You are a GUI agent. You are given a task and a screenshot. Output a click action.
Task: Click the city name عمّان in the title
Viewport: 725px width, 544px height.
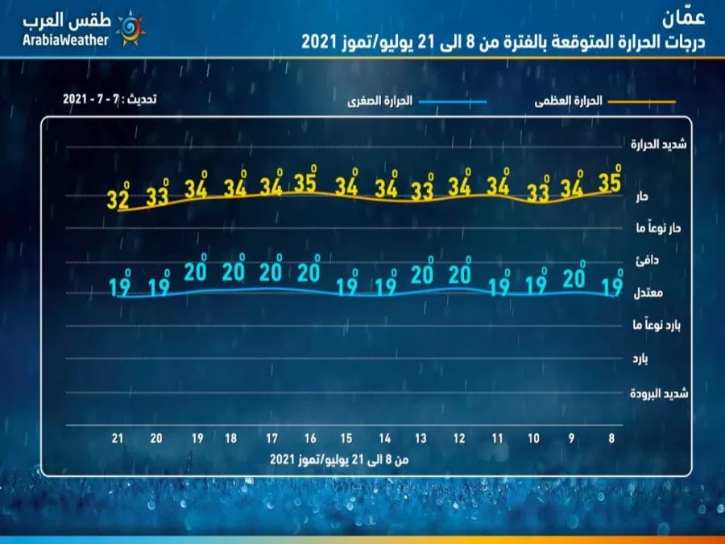(x=684, y=16)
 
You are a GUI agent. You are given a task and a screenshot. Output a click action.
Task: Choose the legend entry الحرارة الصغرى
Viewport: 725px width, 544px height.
(x=380, y=102)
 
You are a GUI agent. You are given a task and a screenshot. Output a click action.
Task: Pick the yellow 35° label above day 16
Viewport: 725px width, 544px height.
(x=305, y=182)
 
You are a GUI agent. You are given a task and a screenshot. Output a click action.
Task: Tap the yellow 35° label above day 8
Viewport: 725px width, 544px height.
(x=609, y=181)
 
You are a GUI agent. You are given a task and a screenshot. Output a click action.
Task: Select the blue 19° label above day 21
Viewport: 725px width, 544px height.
(x=118, y=284)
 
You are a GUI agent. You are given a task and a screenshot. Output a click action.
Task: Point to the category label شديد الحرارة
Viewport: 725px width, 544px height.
(x=657, y=144)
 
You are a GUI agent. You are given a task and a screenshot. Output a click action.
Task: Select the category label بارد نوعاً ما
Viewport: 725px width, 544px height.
(x=655, y=326)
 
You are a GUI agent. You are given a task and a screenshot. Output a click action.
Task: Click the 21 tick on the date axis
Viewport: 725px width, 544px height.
(x=118, y=438)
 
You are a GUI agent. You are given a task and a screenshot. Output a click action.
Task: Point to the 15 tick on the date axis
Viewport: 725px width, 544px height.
(x=346, y=438)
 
